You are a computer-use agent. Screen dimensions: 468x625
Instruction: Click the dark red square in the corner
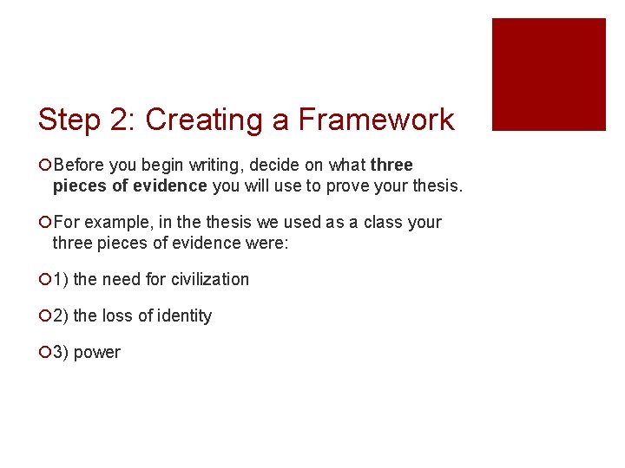549,75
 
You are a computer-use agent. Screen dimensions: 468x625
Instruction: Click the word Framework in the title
376,120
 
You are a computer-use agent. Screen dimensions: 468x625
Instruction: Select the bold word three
391,166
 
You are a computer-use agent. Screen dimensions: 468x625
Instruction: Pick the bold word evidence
171,186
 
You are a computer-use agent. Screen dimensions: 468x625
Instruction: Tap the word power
97,353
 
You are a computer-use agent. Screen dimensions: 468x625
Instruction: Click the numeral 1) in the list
61,280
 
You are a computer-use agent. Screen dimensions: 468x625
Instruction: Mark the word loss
118,316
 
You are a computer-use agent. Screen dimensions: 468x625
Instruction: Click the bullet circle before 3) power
44,353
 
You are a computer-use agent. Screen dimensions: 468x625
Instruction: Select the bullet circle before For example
44,223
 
